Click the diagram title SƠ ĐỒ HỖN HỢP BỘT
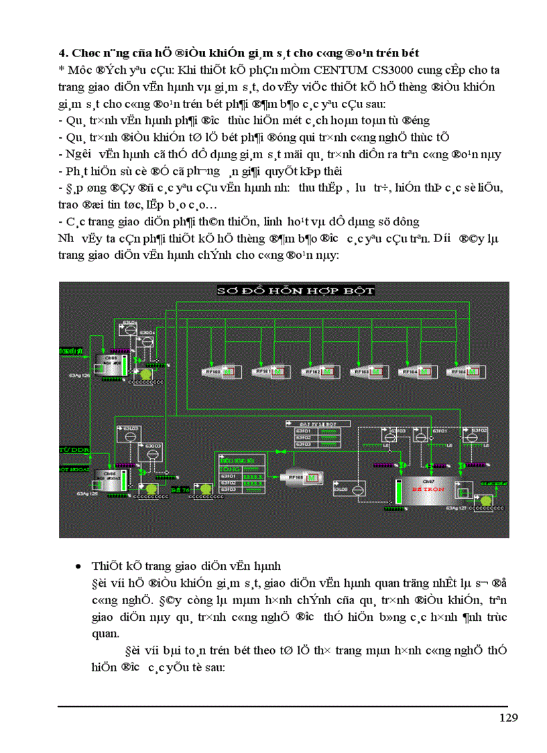pyautogui.click(x=295, y=290)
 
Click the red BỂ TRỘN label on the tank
pyautogui.click(x=428, y=489)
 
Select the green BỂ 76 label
pyautogui.click(x=179, y=491)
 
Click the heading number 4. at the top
pyautogui.click(x=63, y=52)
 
